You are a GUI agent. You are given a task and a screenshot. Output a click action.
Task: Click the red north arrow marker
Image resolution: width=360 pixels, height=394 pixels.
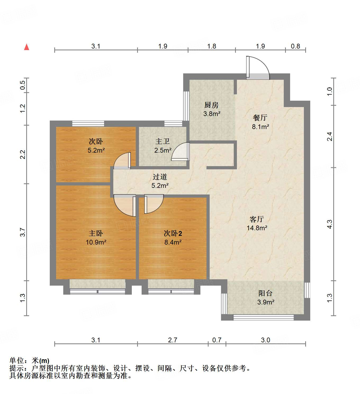click(26, 47)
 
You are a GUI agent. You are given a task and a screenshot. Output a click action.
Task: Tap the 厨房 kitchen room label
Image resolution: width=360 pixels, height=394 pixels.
click(211, 105)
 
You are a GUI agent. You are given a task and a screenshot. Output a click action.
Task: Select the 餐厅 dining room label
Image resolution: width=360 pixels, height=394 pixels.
click(260, 118)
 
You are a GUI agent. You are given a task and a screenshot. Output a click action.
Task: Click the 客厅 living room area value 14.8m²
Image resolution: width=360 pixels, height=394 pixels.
click(257, 228)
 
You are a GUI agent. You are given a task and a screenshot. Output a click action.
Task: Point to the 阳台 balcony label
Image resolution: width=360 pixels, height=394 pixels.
click(265, 293)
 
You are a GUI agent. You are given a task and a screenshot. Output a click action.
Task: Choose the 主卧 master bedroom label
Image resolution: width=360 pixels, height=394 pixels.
click(96, 233)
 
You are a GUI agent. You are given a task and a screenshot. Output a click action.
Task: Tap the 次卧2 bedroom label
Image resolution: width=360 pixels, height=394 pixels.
click(173, 233)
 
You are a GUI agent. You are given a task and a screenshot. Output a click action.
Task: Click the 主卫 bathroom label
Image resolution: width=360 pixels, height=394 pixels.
click(162, 141)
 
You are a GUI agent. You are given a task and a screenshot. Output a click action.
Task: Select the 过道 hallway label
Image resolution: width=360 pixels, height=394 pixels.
click(160, 177)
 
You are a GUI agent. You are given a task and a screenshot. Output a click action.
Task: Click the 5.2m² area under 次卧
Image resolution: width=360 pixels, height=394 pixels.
click(96, 150)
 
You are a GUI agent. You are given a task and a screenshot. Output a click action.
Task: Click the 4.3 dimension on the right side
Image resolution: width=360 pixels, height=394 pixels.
click(330, 224)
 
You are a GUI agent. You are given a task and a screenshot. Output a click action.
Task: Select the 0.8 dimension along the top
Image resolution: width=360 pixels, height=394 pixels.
click(295, 46)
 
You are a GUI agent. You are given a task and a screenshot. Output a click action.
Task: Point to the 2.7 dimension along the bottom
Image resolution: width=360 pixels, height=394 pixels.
click(173, 340)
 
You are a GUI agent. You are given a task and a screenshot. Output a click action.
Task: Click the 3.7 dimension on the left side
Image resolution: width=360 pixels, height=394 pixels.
click(23, 232)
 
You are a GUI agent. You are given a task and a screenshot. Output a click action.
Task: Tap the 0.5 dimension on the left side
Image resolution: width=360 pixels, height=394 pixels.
click(23, 85)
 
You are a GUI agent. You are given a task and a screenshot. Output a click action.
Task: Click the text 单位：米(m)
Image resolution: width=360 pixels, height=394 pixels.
click(29, 361)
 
